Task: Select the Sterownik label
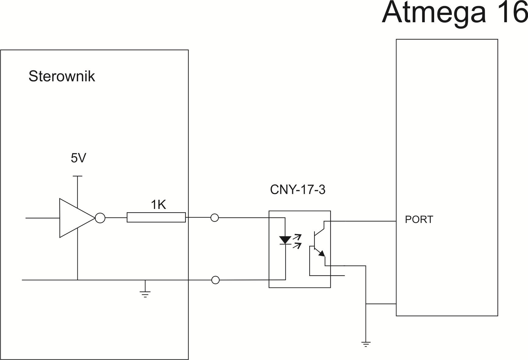click(x=62, y=76)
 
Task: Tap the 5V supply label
click(x=78, y=158)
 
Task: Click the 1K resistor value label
click(x=158, y=205)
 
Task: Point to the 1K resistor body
click(x=156, y=217)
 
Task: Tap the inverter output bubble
click(x=100, y=218)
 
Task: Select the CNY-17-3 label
click(x=297, y=190)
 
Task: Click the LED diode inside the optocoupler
click(x=285, y=240)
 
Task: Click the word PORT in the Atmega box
click(x=419, y=220)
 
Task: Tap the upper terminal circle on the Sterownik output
click(x=215, y=218)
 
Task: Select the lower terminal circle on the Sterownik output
click(x=215, y=280)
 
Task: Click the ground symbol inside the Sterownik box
click(x=145, y=293)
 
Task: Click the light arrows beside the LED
click(x=297, y=241)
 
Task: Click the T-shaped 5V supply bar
click(x=78, y=176)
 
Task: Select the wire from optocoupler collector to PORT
click(x=363, y=221)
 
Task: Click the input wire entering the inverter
click(x=43, y=218)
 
